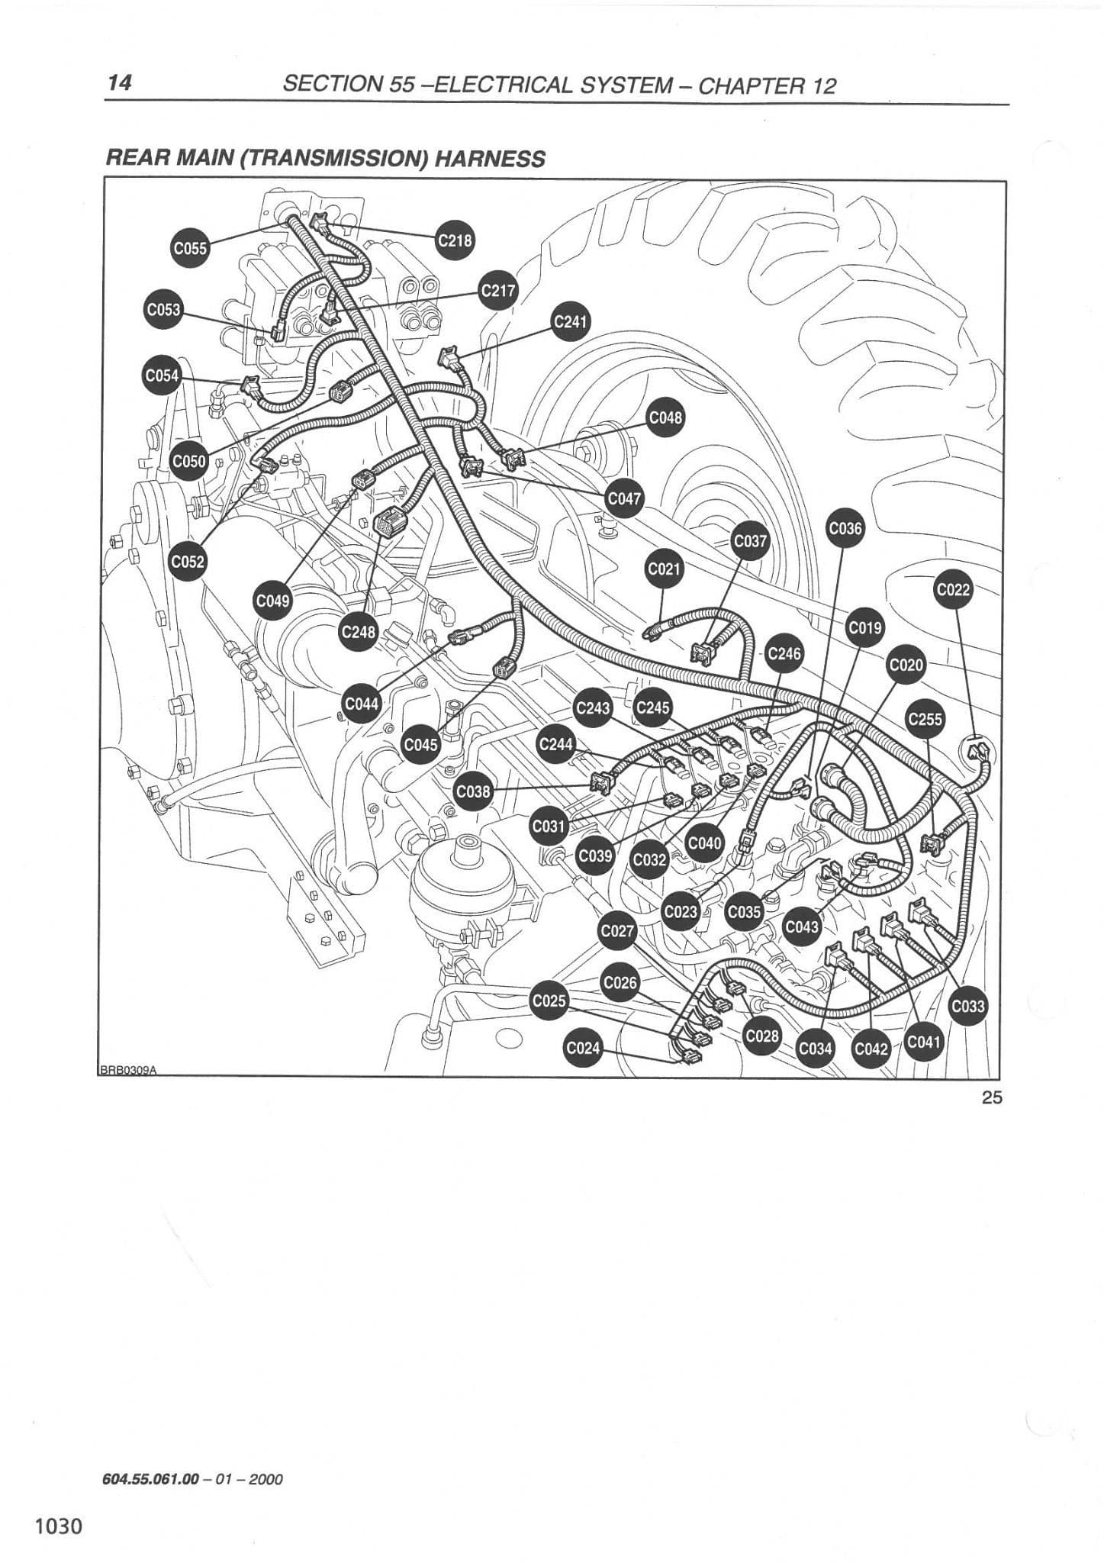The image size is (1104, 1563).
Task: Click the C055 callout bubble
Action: [190, 248]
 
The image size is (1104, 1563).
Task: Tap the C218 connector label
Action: [455, 240]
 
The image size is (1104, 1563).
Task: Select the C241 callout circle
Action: [570, 322]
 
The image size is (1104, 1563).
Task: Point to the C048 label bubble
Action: [665, 417]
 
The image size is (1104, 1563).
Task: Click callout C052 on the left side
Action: [188, 561]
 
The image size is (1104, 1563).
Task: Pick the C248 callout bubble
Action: [358, 632]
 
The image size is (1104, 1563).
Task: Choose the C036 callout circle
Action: [845, 528]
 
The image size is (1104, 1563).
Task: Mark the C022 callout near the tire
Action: [953, 589]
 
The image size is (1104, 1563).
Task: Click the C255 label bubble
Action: [925, 719]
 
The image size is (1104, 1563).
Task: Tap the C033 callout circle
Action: [967, 1007]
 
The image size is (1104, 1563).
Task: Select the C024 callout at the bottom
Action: [582, 1048]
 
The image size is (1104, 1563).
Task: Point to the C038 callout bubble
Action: [473, 791]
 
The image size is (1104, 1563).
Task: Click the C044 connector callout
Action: [362, 704]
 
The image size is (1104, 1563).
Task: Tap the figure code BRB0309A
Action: [127, 1070]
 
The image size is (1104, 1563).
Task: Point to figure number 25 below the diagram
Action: [992, 1097]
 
